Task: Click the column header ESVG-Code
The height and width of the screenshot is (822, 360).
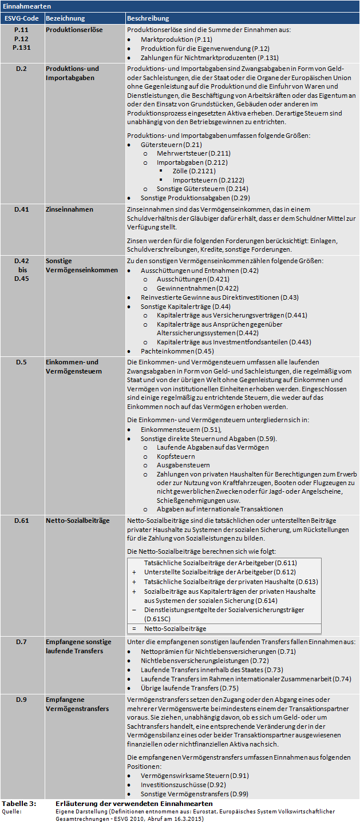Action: point(22,18)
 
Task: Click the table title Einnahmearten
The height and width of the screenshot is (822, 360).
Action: point(26,6)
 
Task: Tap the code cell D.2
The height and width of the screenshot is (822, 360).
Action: point(22,69)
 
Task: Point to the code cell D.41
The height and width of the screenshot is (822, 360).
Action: point(22,209)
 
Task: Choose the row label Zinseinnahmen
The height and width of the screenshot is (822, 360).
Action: point(69,209)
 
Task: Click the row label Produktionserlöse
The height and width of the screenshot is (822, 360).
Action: point(74,29)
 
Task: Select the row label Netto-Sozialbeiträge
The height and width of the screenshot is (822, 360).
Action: point(77,521)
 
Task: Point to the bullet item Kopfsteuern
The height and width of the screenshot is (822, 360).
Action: point(176,456)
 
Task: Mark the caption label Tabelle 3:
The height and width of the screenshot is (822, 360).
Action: point(19,804)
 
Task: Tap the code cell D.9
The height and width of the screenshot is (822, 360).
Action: point(22,700)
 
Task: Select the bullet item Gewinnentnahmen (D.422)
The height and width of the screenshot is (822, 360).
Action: point(193,288)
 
